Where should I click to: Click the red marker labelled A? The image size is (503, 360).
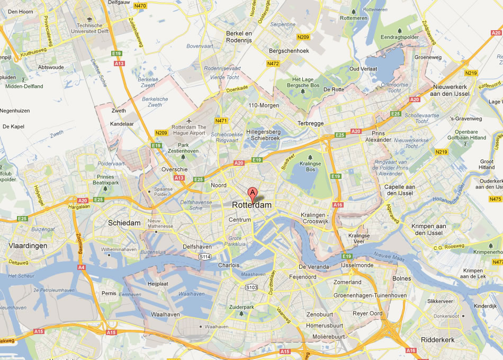(253, 193)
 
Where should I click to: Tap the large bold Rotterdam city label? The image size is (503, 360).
(252, 205)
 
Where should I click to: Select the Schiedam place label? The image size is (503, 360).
(124, 223)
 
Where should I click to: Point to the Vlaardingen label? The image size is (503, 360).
(28, 246)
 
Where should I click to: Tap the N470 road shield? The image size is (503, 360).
(140, 6)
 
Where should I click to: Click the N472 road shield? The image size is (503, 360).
(273, 63)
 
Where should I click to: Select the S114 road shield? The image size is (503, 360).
(205, 257)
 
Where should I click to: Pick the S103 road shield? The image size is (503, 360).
(251, 287)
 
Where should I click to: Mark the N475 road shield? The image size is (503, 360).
(496, 199)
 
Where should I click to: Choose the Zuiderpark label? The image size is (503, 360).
(241, 307)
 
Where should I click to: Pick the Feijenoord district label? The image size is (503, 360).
(303, 277)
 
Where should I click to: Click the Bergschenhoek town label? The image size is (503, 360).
(289, 51)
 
